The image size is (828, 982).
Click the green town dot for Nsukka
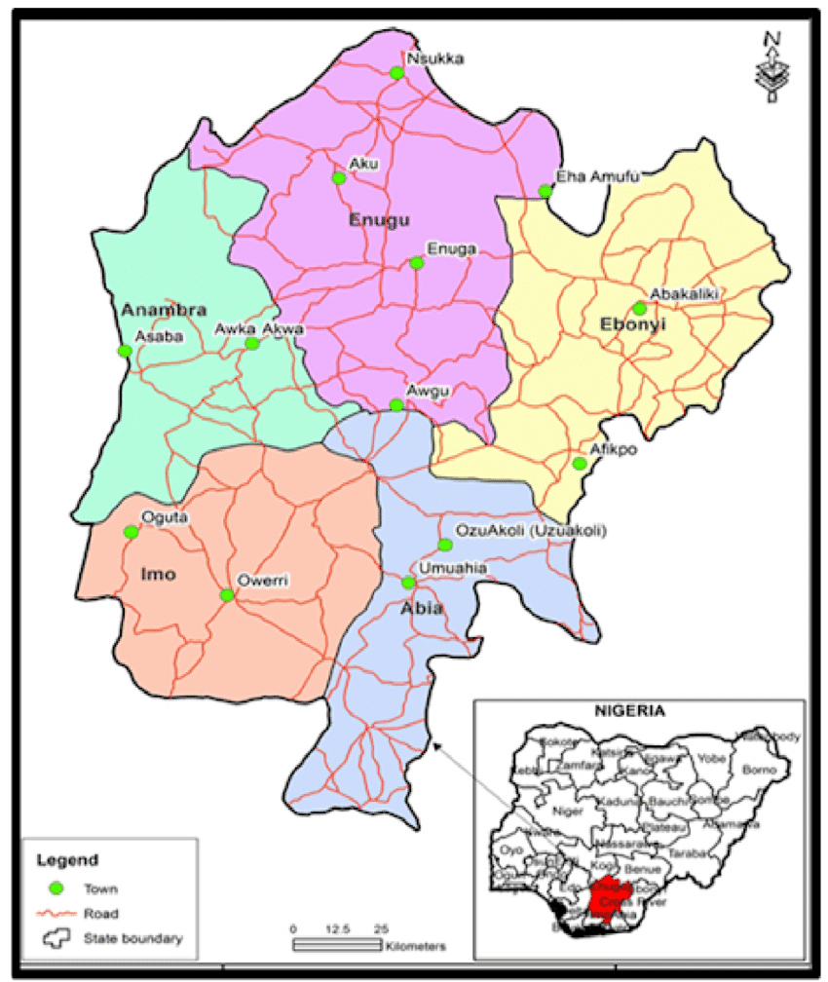[395, 72]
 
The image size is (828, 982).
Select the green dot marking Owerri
[227, 595]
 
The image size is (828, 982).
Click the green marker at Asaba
[124, 351]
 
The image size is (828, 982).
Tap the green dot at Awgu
[395, 404]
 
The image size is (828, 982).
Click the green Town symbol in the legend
[56, 888]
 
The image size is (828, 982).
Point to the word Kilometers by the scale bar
[416, 946]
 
